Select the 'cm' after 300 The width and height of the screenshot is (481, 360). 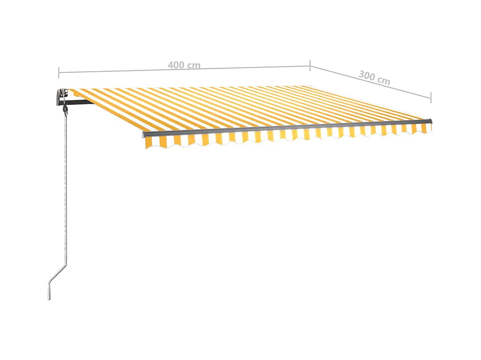(384, 80)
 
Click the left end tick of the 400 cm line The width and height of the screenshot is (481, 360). (59, 72)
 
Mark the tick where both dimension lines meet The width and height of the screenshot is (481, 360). (310, 65)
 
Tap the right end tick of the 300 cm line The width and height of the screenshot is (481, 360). (431, 98)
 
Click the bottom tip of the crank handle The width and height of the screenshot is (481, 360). (49, 298)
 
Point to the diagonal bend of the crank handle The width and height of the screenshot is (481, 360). (58, 275)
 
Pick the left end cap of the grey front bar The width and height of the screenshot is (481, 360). (144, 135)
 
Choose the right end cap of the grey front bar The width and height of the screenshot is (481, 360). (431, 121)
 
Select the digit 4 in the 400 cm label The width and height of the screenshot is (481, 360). (170, 65)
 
